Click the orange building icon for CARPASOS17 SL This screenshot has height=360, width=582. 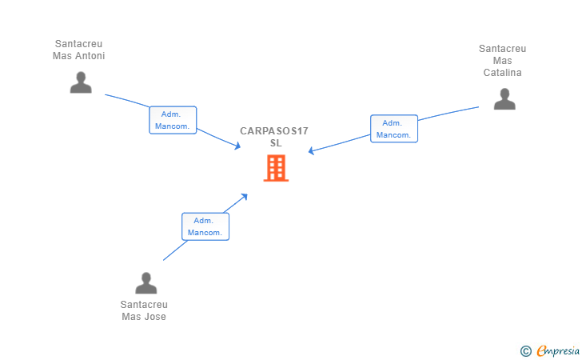[276, 168]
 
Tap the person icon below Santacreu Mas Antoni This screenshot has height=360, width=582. [81, 82]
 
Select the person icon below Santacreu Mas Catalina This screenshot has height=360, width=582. [504, 99]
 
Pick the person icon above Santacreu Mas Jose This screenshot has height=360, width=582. [146, 283]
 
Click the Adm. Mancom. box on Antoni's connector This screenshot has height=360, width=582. [173, 120]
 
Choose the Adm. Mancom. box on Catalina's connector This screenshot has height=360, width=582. [394, 129]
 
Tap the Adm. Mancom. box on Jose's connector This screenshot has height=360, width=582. [205, 226]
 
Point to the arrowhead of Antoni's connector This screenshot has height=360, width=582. [238, 146]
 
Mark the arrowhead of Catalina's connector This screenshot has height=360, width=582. [311, 150]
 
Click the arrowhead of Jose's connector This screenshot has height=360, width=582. [245, 196]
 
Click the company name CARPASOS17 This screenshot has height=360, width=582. [274, 131]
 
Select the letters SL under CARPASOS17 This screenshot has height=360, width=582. [276, 143]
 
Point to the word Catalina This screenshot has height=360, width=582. [503, 73]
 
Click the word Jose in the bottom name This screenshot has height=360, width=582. [155, 317]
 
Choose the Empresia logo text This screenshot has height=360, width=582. [558, 350]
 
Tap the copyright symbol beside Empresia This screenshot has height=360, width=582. [526, 351]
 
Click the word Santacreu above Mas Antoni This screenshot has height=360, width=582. [78, 44]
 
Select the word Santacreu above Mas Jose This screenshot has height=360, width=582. [144, 305]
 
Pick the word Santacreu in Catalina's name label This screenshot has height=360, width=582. [503, 49]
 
